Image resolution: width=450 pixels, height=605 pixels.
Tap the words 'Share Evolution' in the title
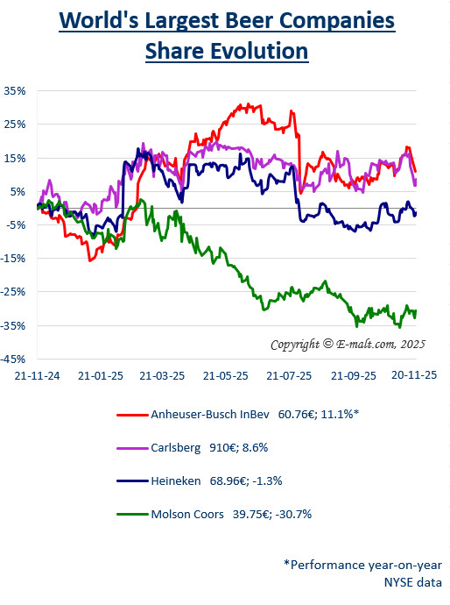[227, 51]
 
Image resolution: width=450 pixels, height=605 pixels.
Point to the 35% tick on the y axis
[15, 90]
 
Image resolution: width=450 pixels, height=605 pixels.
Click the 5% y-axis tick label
[18, 191]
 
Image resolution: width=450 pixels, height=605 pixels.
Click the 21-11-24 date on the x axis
[37, 374]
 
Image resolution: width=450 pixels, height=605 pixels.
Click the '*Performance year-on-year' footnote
[362, 564]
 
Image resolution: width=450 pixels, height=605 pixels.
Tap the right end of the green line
[416, 310]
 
